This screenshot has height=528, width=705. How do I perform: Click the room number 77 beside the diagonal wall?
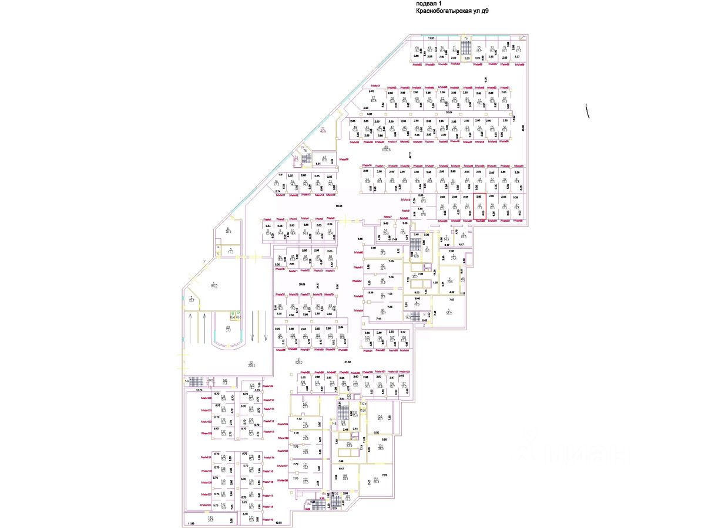[323, 130]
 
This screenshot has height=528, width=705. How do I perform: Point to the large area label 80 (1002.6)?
[386, 148]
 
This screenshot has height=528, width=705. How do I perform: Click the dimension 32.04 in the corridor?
[449, 111]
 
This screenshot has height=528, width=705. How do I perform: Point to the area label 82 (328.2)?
[234, 364]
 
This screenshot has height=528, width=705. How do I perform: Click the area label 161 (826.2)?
[298, 361]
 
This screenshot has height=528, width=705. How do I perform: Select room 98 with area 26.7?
[382, 312]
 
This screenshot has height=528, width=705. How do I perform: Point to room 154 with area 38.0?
[381, 448]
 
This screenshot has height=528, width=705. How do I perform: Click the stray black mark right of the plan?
[587, 111]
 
